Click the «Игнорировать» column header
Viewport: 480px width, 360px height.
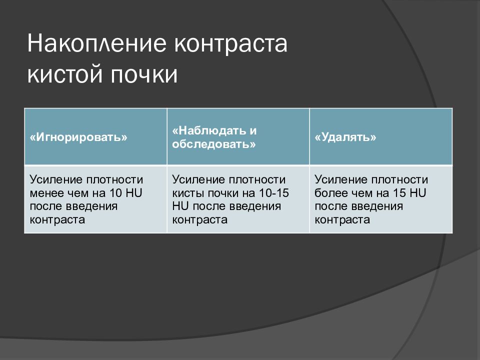[78, 137]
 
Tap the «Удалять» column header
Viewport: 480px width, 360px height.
[345, 137]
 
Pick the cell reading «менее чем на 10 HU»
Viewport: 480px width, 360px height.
[95, 199]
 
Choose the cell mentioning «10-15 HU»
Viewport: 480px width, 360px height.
[238, 199]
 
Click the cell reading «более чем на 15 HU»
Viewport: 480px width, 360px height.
[380, 199]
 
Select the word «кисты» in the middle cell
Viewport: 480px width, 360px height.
[186, 193]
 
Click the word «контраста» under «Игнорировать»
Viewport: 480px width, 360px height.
[57, 219]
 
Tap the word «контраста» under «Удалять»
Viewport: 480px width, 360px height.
[342, 219]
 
